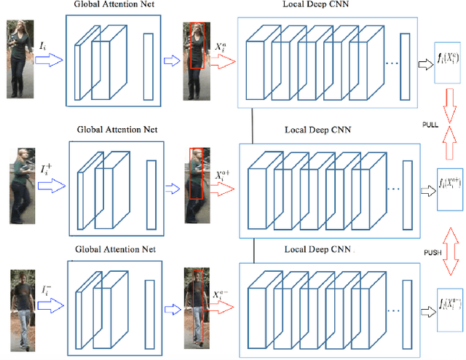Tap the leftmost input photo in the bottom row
[x=22, y=306]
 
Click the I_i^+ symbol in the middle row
[x=46, y=170]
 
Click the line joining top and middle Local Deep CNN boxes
[x=253, y=125]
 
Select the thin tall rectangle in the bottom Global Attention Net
[x=151, y=306]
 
